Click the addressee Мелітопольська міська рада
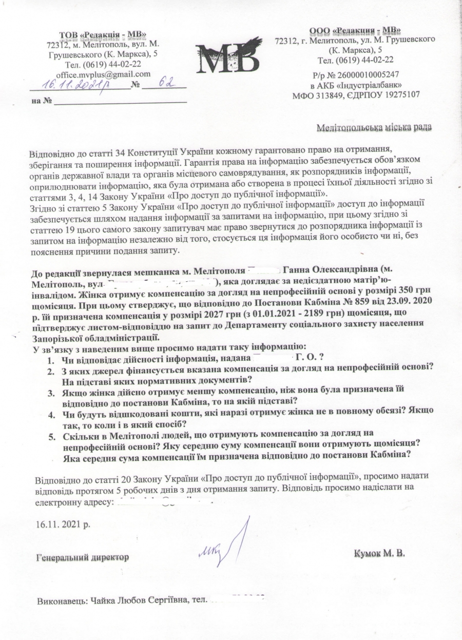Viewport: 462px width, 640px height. [374, 127]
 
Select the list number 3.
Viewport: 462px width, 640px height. [51, 393]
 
